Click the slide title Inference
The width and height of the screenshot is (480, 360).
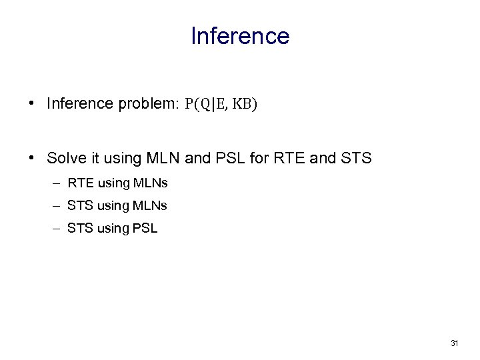pos(240,36)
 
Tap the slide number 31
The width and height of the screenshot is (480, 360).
pos(455,343)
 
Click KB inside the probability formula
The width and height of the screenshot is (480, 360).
pos(245,104)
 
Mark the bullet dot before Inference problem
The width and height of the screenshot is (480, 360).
pos(32,104)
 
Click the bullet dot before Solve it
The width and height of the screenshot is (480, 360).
pos(32,158)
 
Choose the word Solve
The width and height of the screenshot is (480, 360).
pos(65,158)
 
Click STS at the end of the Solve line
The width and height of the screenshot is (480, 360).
pos(356,158)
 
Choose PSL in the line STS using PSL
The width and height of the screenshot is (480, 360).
pos(145,228)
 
